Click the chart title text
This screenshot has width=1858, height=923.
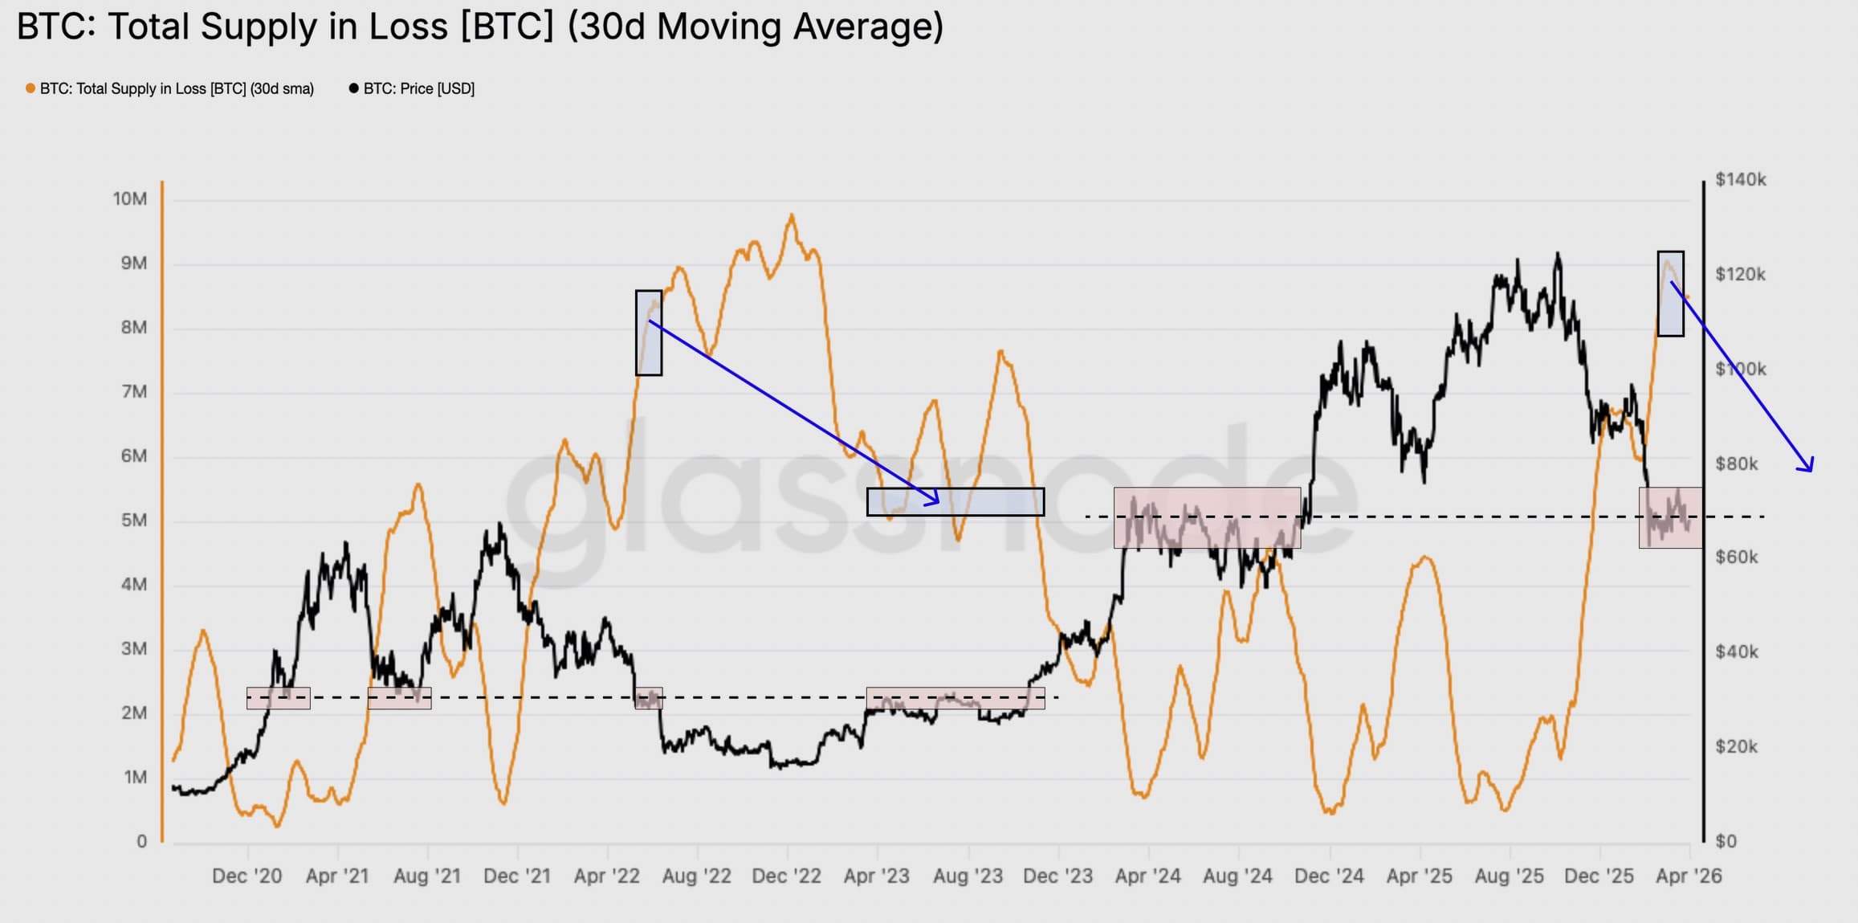(x=480, y=27)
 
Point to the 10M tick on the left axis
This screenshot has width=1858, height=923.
(x=130, y=199)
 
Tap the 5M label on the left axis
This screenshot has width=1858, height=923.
(x=134, y=521)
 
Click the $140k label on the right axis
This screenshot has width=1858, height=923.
(x=1740, y=180)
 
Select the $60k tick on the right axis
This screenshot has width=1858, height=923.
(x=1736, y=557)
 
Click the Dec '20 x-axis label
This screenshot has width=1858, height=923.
(x=247, y=876)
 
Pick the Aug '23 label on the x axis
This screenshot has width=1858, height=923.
(x=968, y=876)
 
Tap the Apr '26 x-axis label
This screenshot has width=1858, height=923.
(x=1689, y=876)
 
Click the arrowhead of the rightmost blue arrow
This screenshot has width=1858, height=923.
(x=1808, y=467)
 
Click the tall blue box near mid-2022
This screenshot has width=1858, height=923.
(x=649, y=333)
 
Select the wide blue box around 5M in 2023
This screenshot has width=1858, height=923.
(x=955, y=502)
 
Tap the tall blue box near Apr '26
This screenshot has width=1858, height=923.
(x=1670, y=293)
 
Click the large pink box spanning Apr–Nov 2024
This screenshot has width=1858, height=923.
(x=1207, y=518)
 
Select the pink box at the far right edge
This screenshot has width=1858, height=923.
(x=1670, y=518)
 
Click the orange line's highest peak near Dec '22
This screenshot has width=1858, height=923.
(x=792, y=215)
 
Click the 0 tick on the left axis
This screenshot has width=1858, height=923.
(x=141, y=842)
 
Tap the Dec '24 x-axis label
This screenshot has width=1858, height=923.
(x=1329, y=876)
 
